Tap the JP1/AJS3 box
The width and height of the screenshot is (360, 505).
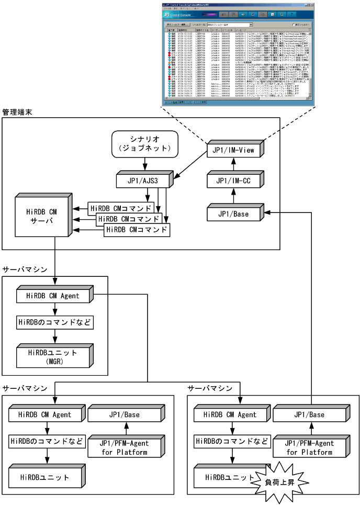click(144, 182)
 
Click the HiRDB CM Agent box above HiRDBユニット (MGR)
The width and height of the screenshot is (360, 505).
click(52, 296)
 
